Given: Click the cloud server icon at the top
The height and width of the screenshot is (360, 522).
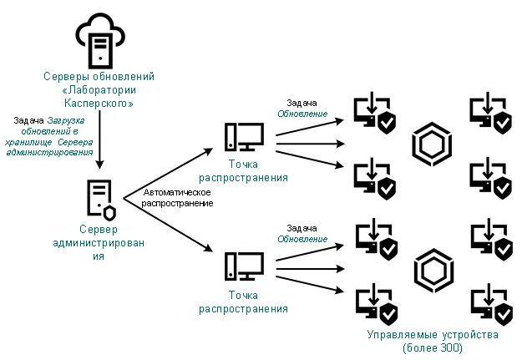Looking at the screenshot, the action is click(100, 41).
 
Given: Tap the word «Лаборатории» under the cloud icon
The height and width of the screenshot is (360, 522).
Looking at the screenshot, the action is click(99, 90).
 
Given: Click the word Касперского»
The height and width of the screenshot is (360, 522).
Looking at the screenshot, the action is click(99, 104).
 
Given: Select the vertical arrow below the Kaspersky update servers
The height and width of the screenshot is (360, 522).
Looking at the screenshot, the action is click(99, 139).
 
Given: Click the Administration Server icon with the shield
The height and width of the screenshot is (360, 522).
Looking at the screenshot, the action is click(101, 200).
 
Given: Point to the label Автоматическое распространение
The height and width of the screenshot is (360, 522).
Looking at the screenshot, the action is click(177, 198).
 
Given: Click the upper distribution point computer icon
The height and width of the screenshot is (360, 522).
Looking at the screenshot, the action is click(244, 137).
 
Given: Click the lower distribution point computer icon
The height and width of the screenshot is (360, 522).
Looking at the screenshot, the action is click(244, 266).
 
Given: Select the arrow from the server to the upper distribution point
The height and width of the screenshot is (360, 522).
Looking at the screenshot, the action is click(168, 174).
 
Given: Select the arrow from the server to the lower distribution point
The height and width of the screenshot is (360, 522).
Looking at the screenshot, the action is click(168, 225).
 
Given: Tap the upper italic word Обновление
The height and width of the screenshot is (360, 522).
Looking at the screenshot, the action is click(302, 114).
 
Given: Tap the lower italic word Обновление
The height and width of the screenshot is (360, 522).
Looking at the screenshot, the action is click(302, 239).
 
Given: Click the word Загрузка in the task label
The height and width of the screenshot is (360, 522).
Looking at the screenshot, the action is click(66, 120).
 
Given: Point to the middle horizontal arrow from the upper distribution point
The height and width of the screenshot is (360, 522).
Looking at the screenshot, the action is click(310, 144).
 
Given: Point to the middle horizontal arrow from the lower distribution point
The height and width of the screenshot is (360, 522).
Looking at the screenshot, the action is click(310, 269).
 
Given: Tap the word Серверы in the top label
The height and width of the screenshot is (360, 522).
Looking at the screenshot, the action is click(66, 77).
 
